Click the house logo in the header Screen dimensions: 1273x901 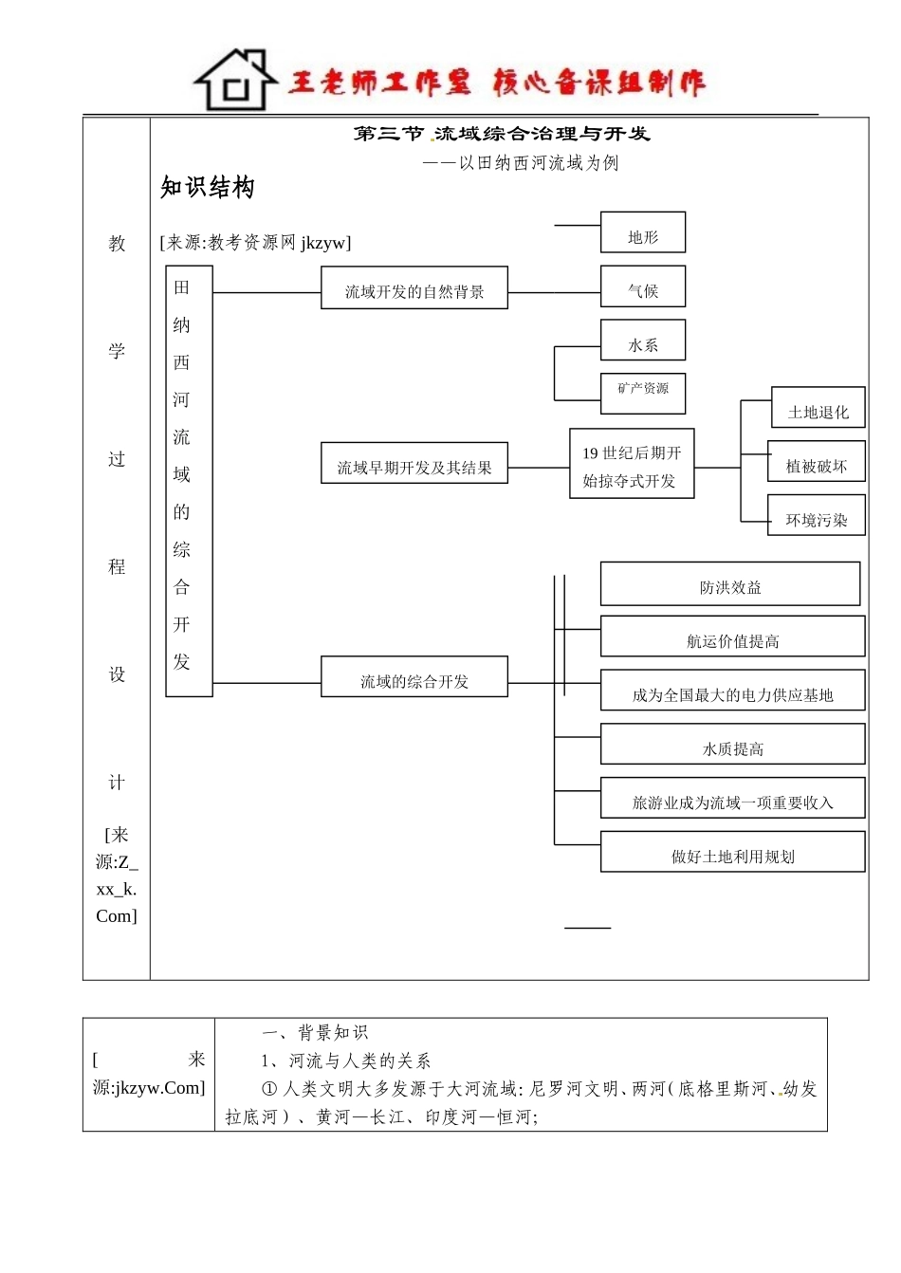[235, 82]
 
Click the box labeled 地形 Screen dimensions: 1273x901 [642, 233]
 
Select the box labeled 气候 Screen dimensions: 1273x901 [642, 287]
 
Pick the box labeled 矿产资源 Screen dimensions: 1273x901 [642, 393]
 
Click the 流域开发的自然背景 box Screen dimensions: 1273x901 [414, 288]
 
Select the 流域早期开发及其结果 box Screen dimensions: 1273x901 [414, 464]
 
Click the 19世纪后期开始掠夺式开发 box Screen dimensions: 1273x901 [632, 464]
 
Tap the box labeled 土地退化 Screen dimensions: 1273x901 [818, 409]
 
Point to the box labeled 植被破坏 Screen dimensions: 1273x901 [816, 462]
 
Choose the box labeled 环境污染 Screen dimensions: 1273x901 [816, 516]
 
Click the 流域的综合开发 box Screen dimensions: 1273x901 [414, 677]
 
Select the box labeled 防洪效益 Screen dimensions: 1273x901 [729, 584]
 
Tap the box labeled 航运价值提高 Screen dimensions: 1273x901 [732, 637]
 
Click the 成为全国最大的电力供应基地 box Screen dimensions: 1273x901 [732, 692]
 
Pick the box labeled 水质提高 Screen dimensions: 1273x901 [732, 745]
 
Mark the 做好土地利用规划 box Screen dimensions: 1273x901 [732, 853]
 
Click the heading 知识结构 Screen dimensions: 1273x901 [208, 188]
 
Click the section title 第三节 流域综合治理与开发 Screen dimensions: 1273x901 [502, 134]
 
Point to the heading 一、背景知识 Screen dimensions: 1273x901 [314, 1032]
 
